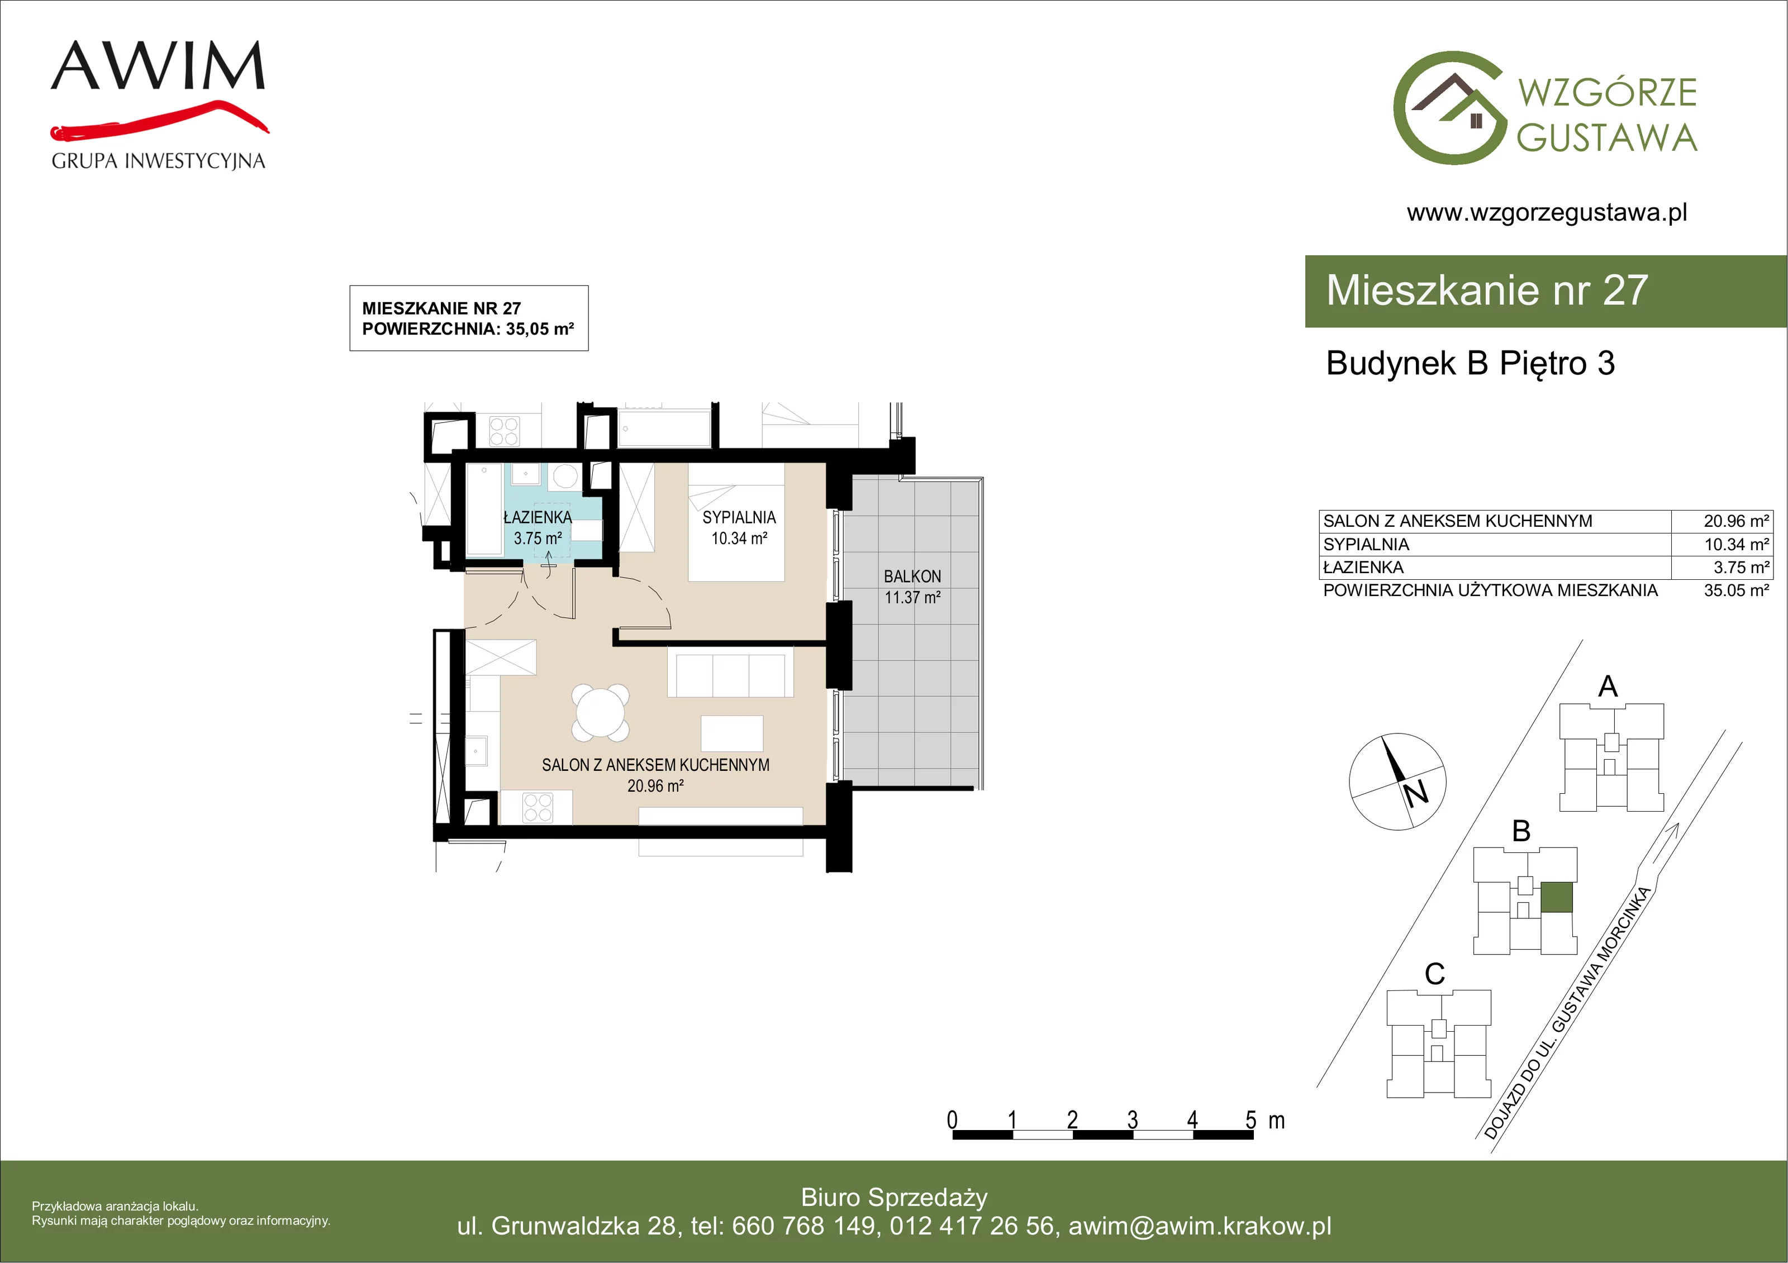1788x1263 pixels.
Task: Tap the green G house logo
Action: (1449, 108)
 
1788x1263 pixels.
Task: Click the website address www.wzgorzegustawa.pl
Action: (1547, 213)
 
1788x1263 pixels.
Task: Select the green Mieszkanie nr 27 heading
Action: (1487, 290)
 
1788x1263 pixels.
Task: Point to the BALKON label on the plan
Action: (912, 576)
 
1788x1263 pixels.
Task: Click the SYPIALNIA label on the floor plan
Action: (739, 517)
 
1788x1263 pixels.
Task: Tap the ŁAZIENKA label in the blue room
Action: (538, 517)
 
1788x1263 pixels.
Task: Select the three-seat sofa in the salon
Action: (730, 674)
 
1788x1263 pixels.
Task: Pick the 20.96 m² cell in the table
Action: (1736, 521)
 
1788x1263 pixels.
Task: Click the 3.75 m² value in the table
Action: (1741, 568)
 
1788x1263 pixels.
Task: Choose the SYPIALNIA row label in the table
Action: (1366, 544)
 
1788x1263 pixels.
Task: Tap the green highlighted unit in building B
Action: (1557, 897)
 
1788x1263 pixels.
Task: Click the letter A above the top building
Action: (1608, 686)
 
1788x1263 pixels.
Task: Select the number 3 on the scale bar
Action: (1132, 1120)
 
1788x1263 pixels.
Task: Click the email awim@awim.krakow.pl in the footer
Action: (1200, 1226)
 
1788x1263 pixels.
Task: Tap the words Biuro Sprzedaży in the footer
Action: (894, 1198)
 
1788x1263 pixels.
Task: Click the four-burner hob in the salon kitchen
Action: (538, 808)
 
